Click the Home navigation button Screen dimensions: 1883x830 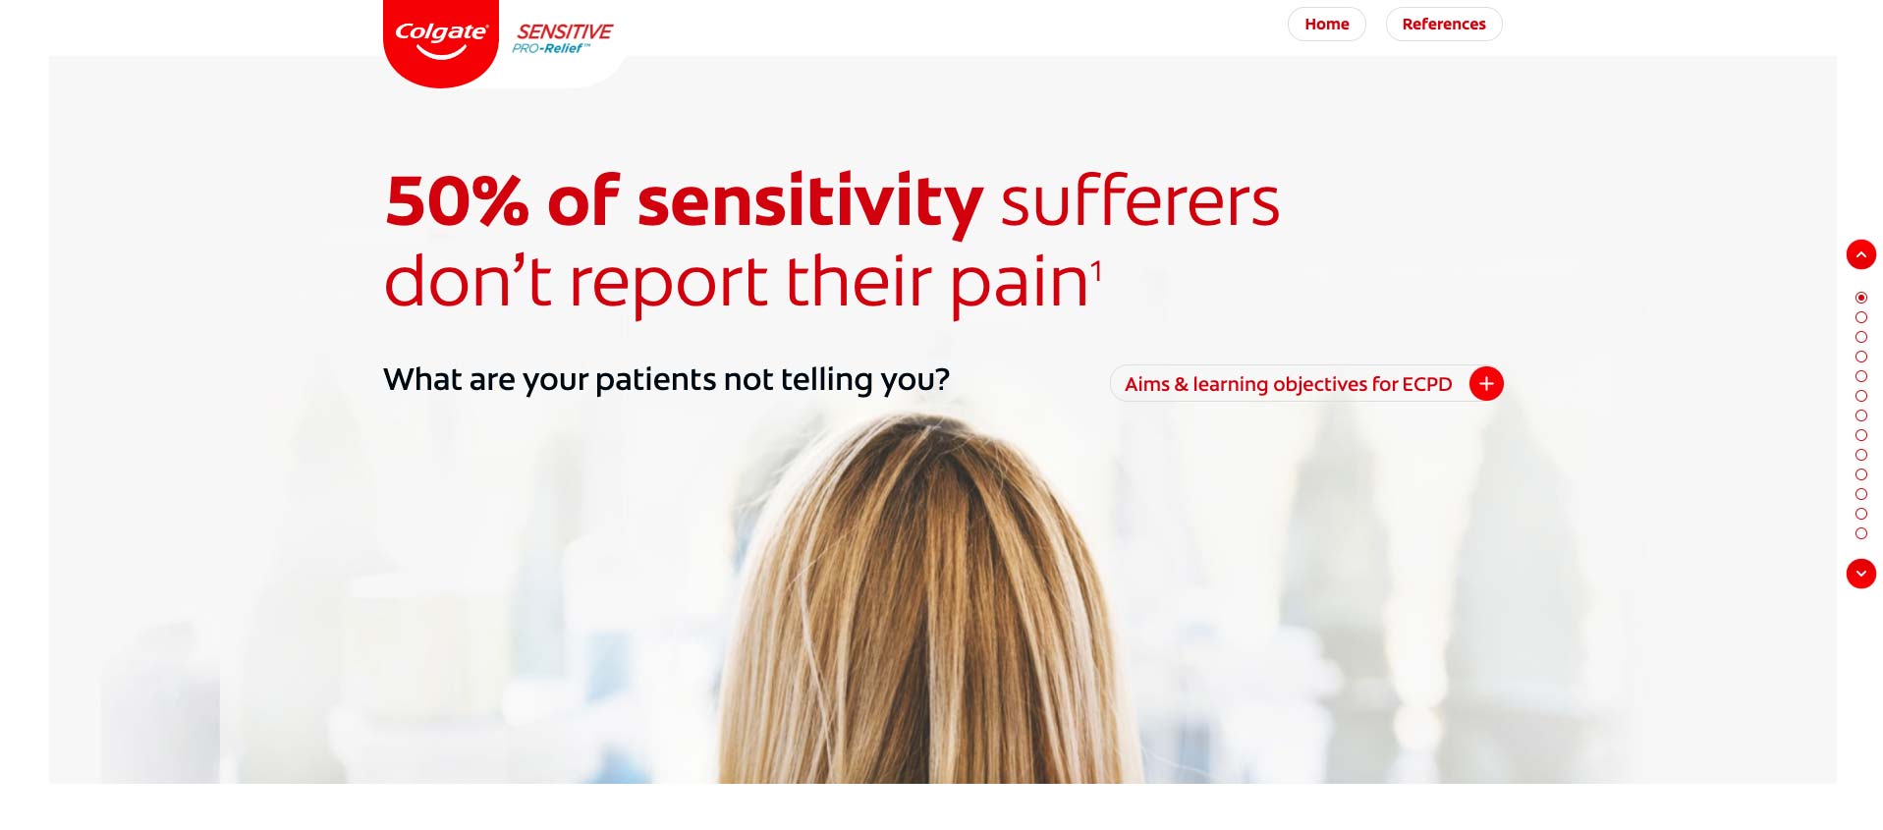click(1326, 24)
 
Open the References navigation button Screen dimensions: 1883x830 click(1443, 24)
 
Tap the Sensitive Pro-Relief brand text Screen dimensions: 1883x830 click(563, 38)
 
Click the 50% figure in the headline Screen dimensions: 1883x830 click(457, 202)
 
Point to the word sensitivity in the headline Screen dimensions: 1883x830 click(810, 204)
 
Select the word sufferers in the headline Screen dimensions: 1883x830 click(1139, 200)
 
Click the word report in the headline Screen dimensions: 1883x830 click(667, 284)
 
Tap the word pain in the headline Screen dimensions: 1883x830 click(1020, 284)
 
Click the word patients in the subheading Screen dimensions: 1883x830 click(656, 380)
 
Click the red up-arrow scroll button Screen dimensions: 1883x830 click(1860, 254)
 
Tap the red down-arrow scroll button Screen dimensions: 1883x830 click(1860, 574)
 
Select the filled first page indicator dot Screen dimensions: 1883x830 click(1860, 298)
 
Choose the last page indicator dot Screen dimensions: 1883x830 click(1860, 533)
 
